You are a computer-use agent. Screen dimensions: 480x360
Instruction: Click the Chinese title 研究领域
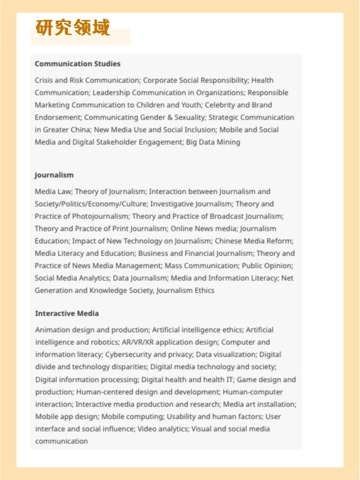(73, 27)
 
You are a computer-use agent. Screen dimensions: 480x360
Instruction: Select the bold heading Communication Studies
(77, 64)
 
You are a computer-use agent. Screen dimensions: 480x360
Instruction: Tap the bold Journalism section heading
(54, 175)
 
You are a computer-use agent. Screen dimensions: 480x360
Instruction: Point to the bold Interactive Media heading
(67, 313)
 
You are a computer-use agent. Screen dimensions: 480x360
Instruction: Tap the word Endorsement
(58, 117)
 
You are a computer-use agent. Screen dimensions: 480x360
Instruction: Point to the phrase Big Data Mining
(213, 142)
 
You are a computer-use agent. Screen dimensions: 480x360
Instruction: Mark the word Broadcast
(227, 216)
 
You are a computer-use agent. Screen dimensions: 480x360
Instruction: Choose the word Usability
(181, 417)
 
